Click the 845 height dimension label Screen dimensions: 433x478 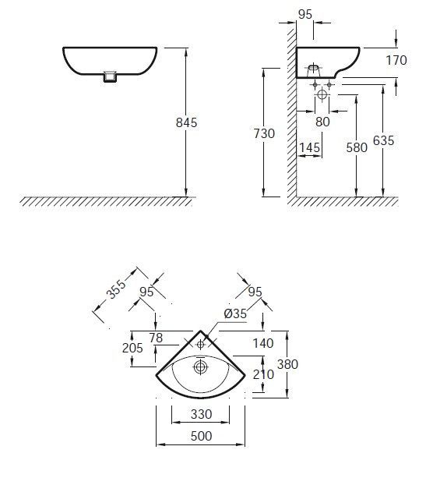[186, 122]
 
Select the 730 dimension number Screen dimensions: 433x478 [264, 133]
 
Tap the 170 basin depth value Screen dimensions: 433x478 [396, 60]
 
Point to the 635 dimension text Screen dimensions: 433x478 [383, 140]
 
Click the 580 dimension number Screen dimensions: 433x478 [357, 147]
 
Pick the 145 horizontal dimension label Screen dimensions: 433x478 [310, 147]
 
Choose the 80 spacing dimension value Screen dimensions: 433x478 [322, 122]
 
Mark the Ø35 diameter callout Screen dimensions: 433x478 [235, 313]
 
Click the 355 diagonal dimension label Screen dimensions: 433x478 [116, 289]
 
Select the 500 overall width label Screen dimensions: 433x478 [201, 436]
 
